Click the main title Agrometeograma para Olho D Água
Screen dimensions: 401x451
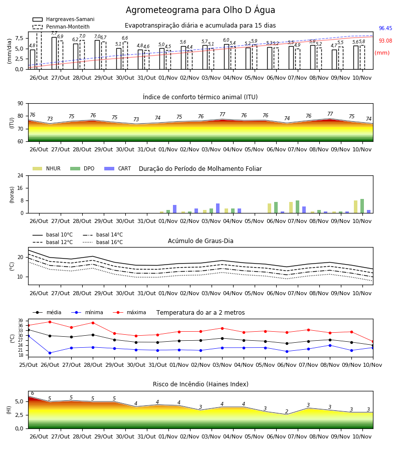tap(200, 10)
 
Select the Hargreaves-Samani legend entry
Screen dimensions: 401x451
tap(63, 19)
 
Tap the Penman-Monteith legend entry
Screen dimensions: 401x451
tap(61, 27)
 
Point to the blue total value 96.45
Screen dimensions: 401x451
tap(385, 28)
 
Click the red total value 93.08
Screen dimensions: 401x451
tap(385, 41)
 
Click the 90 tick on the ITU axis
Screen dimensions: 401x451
tap(21, 104)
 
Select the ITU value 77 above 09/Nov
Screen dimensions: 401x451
tap(330, 114)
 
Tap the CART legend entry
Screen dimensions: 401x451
tap(117, 168)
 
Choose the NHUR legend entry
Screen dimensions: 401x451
tap(47, 168)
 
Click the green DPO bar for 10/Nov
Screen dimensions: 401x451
tap(362, 206)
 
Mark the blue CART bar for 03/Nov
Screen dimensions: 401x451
tap(218, 208)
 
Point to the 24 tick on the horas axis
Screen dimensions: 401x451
tap(21, 175)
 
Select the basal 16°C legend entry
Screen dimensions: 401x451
tap(103, 242)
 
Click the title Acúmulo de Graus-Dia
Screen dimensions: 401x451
tap(200, 241)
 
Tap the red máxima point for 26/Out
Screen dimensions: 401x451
tap(50, 322)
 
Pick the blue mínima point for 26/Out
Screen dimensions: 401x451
tap(50, 353)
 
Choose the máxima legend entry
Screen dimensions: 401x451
tap(129, 312)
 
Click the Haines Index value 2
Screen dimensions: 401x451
tap(287, 411)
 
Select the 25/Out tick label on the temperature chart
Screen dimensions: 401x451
tap(28, 365)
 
